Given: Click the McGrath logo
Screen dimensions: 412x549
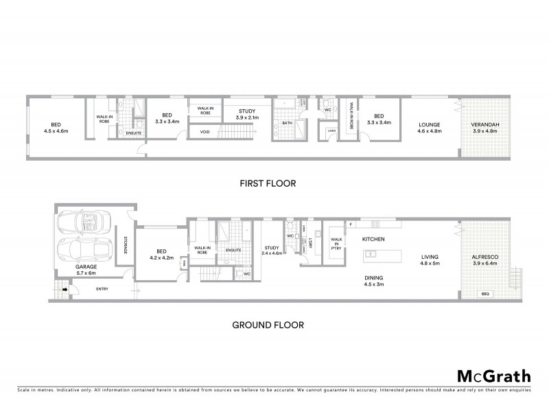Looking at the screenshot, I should click(x=494, y=376).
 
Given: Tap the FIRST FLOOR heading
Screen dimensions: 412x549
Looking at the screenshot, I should click(x=268, y=183).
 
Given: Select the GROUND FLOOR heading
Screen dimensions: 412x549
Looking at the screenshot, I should click(x=268, y=325).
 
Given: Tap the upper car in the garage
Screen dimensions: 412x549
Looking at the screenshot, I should click(x=84, y=222).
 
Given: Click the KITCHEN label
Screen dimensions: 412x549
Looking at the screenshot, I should click(x=373, y=239).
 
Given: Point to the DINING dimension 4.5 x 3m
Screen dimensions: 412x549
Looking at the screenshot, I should click(x=373, y=284).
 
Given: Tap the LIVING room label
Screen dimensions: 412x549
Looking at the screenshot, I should click(x=430, y=257).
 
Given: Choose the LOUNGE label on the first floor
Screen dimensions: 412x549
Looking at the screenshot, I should click(x=430, y=125).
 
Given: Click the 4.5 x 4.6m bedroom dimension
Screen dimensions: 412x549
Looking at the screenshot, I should click(x=56, y=130).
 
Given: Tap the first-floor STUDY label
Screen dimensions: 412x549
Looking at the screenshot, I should click(x=246, y=111).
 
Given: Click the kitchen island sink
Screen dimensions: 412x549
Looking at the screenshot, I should click(x=371, y=254).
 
